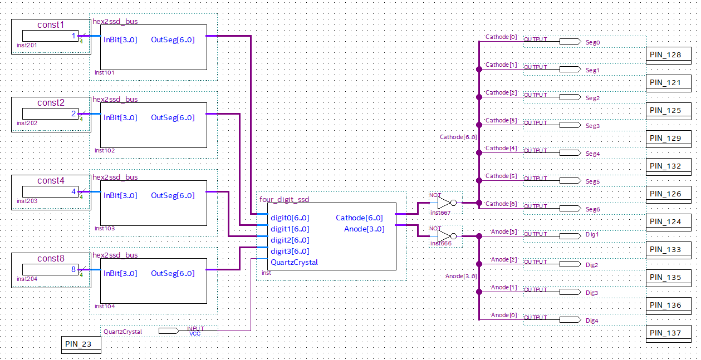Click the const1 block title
50,24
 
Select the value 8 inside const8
73,269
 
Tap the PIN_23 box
81,344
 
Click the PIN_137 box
669,333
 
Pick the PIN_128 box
669,55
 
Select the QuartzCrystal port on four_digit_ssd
294,263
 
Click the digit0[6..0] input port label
290,218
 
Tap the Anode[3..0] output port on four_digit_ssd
364,229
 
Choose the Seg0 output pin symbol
570,41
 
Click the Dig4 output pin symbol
570,319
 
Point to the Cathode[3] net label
501,120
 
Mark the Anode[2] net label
504,260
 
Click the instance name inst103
105,229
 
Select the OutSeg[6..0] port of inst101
173,40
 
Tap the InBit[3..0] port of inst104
120,273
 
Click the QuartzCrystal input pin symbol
169,331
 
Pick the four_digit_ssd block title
284,199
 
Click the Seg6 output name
593,210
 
